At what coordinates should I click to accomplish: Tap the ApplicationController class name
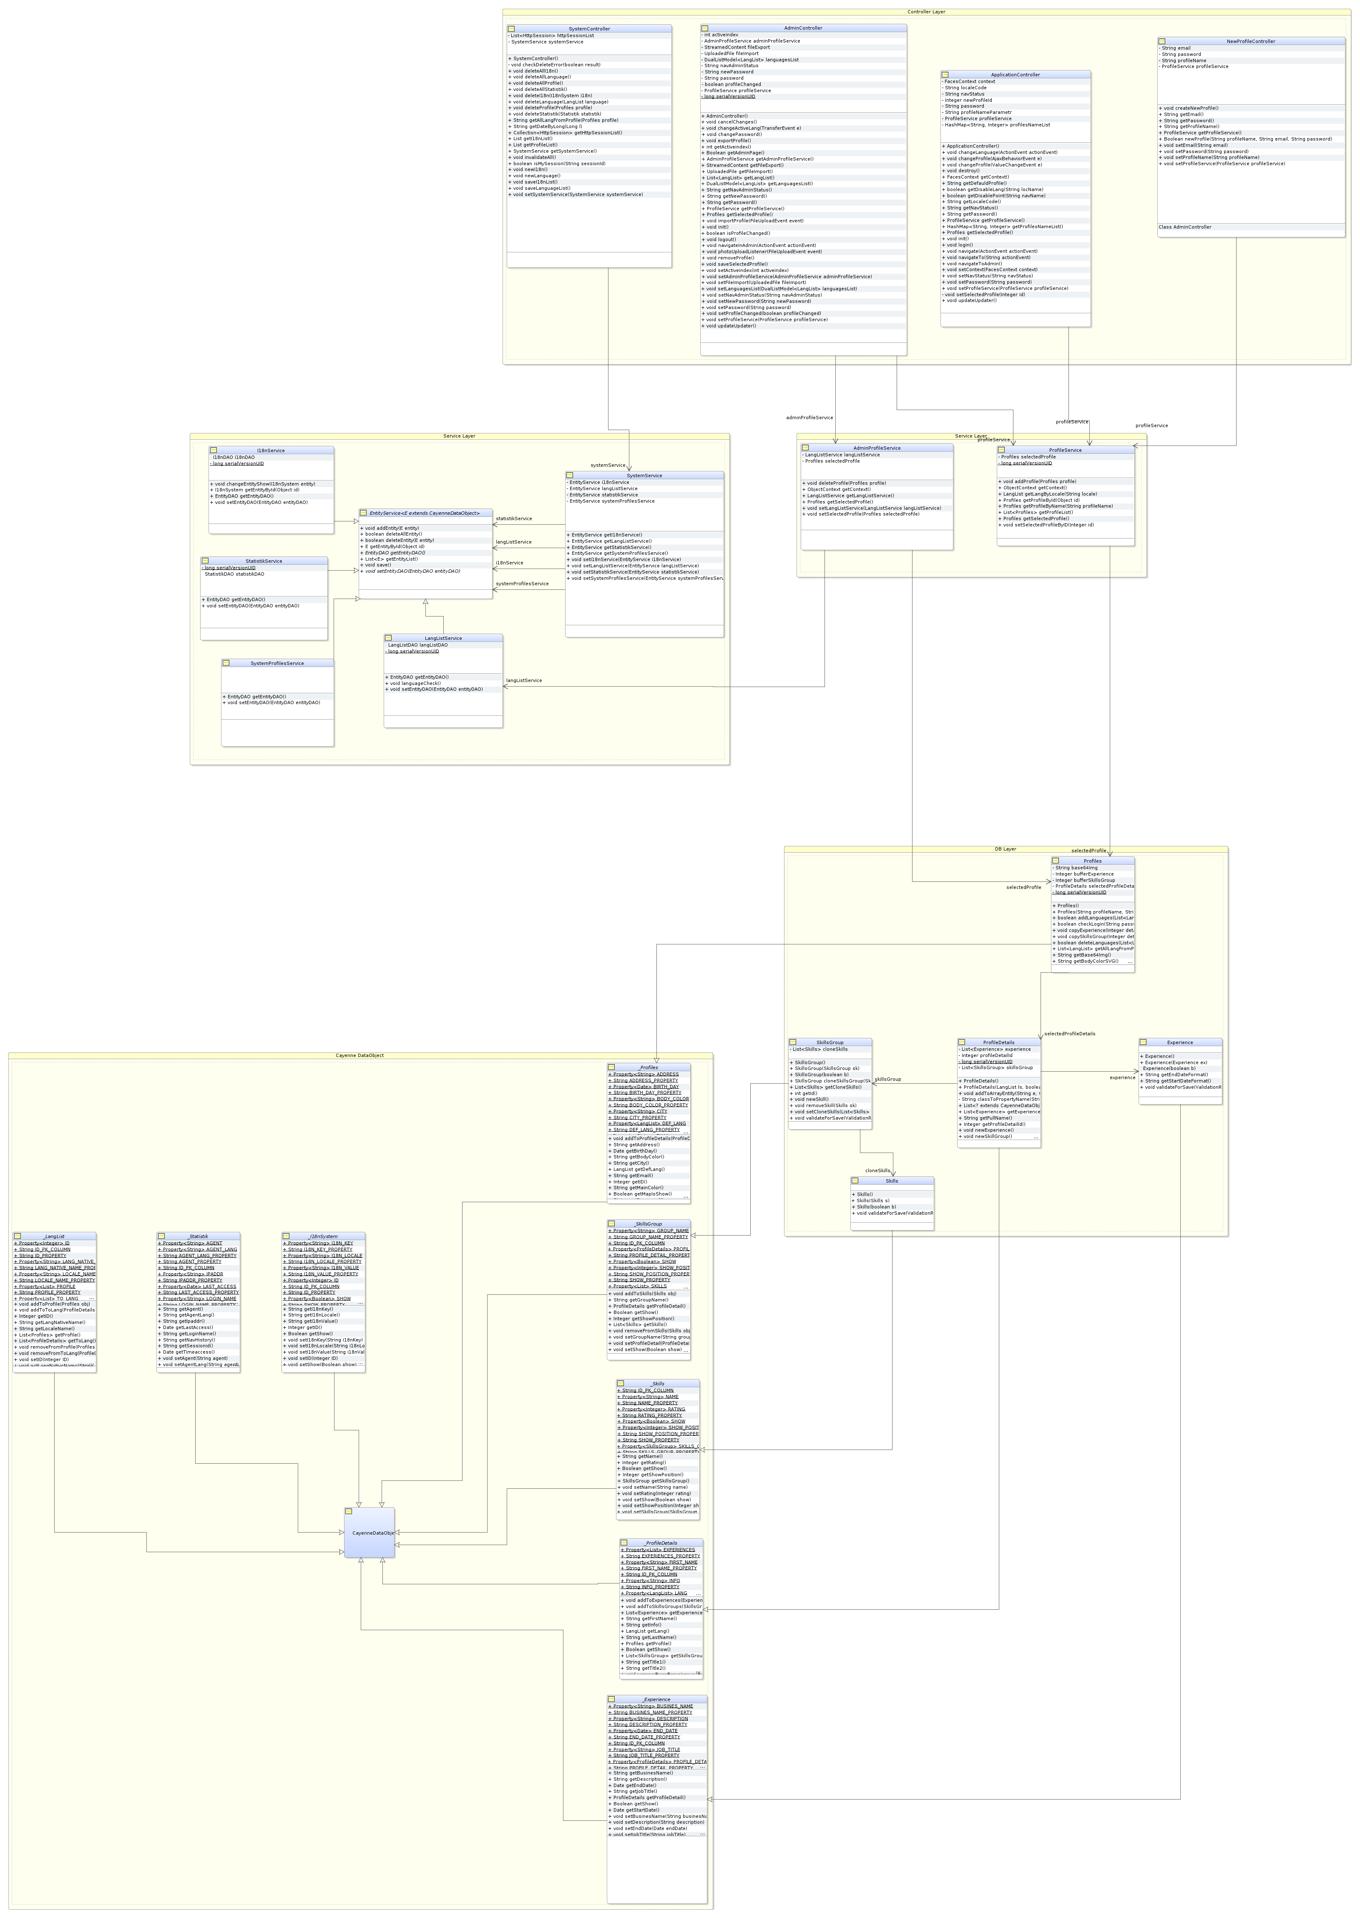point(1015,75)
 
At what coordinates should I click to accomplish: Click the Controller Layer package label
point(925,12)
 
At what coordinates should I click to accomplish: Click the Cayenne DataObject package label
point(360,1055)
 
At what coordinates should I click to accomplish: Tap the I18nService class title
point(271,451)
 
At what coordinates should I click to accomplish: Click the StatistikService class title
point(264,561)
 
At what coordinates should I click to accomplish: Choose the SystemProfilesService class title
point(277,663)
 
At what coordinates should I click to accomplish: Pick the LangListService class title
point(443,638)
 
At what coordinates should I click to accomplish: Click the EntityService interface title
point(425,513)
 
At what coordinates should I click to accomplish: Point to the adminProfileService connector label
point(809,417)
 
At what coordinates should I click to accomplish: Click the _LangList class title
point(55,1236)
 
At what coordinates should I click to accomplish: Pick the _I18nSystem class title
point(323,1236)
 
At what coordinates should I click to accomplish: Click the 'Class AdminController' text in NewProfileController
point(1185,227)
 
